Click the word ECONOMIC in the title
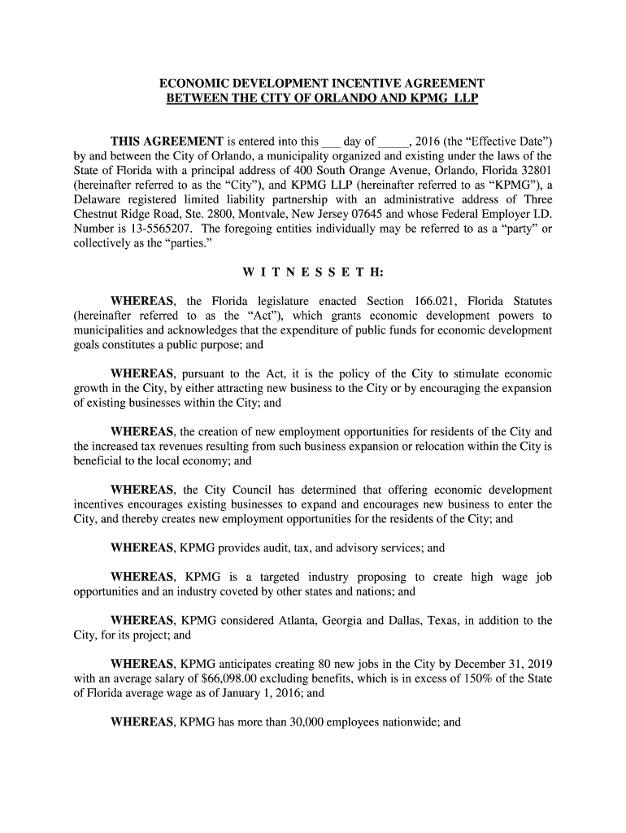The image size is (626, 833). click(191, 84)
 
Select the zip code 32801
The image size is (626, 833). click(536, 170)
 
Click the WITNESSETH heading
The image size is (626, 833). click(313, 273)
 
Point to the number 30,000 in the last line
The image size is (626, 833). click(311, 720)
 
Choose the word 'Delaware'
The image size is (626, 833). click(99, 199)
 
